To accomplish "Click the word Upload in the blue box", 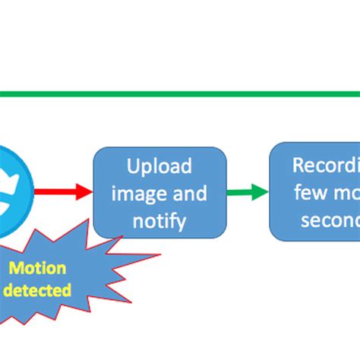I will (x=159, y=166).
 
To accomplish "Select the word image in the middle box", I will (x=134, y=194).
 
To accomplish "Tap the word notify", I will (x=159, y=221).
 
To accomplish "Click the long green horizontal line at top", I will (x=180, y=95).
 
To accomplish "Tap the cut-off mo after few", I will (x=346, y=192).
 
